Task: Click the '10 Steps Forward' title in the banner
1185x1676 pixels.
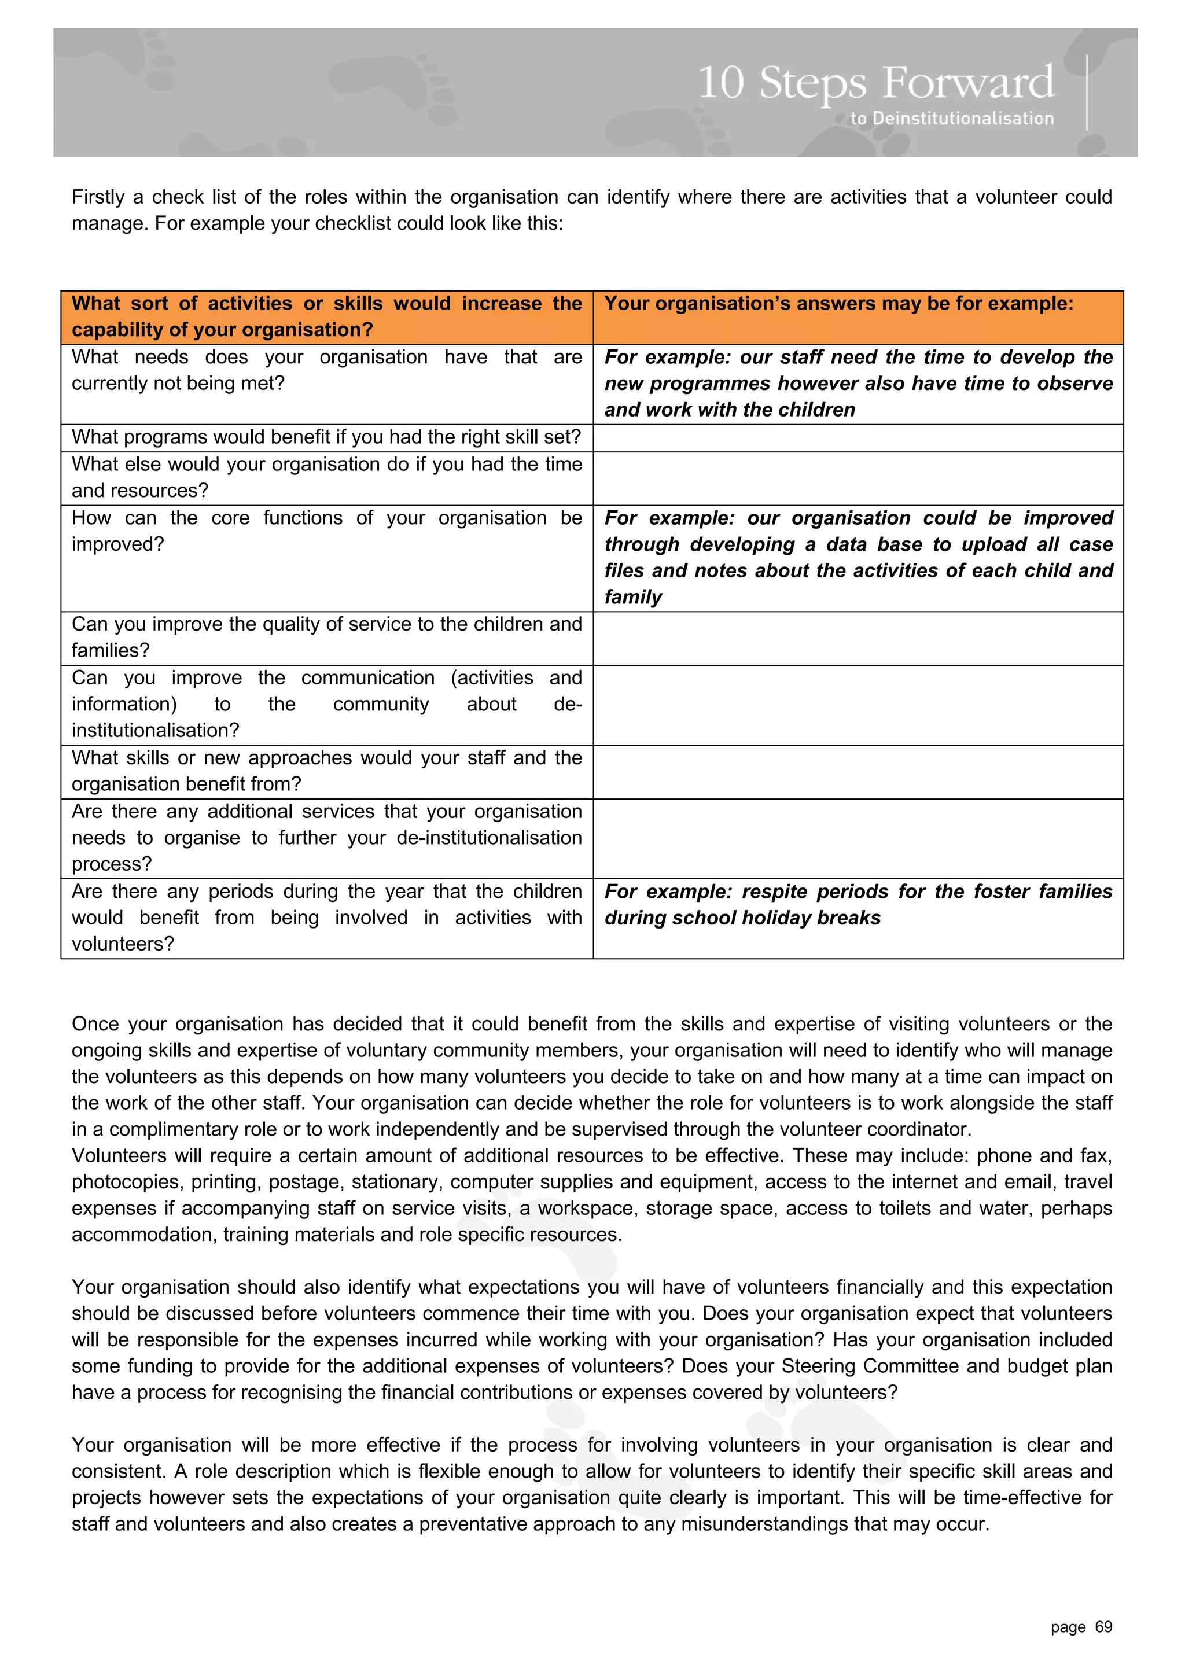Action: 876,83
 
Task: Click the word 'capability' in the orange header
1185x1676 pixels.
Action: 117,330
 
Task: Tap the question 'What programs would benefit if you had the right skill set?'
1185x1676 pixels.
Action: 326,437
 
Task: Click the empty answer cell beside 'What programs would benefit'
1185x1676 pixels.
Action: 858,438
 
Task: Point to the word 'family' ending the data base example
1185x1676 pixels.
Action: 632,597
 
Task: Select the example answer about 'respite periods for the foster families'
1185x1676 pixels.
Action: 858,904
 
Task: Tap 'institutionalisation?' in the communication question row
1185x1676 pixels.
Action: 156,731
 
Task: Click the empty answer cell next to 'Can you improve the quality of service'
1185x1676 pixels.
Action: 858,638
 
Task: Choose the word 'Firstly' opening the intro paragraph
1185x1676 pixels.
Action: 98,197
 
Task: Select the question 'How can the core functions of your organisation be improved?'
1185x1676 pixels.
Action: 326,531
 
